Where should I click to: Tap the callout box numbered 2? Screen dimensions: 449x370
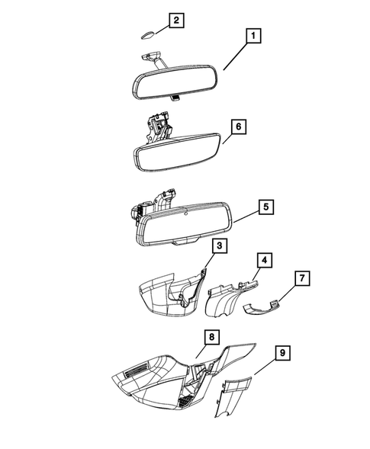pyautogui.click(x=176, y=21)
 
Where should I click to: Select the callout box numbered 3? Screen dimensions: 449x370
pyautogui.click(x=219, y=245)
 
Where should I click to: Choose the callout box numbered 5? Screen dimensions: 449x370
pyautogui.click(x=263, y=207)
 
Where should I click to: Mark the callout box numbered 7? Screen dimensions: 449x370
pyautogui.click(x=303, y=279)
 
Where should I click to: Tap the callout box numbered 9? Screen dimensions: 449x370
pyautogui.click(x=282, y=352)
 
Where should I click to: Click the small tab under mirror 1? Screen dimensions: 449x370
pyautogui.click(x=175, y=97)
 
